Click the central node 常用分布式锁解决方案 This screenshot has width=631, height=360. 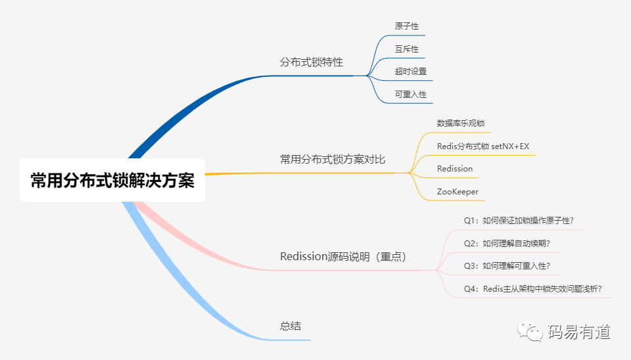click(x=112, y=180)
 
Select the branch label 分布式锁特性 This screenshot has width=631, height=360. click(x=312, y=62)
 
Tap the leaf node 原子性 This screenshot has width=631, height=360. click(x=406, y=26)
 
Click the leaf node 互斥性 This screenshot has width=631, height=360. click(x=406, y=49)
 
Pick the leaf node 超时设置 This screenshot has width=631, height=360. click(x=410, y=72)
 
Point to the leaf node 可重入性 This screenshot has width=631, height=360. click(x=410, y=95)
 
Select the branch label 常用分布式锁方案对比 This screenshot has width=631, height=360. click(x=333, y=159)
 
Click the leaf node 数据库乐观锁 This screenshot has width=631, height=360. click(x=461, y=124)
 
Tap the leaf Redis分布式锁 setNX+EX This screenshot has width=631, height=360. click(x=482, y=146)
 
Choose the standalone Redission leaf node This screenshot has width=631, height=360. click(x=454, y=169)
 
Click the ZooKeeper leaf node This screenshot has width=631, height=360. click(x=457, y=192)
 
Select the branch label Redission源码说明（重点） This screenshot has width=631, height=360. click(x=343, y=256)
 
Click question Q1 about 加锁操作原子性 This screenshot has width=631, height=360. click(x=523, y=221)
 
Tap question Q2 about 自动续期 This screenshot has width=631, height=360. click(x=506, y=244)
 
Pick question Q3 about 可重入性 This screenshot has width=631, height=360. click(x=506, y=266)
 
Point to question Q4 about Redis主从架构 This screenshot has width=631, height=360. click(x=532, y=289)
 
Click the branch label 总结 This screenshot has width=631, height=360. click(x=290, y=326)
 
